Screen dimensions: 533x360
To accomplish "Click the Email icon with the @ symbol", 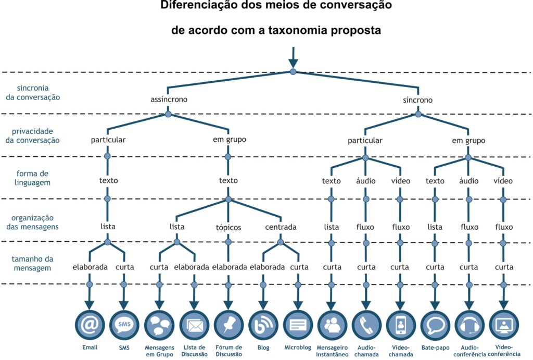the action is (90, 325).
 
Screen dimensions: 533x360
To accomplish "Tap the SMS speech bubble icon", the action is (124, 325).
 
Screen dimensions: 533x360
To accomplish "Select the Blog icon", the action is (263, 325).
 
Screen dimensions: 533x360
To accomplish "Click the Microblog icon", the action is (298, 325).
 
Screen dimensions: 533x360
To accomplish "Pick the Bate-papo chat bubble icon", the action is (436, 325).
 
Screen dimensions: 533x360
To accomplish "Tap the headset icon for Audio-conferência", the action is (469, 325).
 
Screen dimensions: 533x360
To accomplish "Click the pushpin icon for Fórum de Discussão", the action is (229, 325).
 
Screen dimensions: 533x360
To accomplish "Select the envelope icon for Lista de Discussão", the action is (194, 325).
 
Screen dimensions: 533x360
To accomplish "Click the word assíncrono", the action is (169, 100).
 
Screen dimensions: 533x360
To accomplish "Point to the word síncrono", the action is (418, 100).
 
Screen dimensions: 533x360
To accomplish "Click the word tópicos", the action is (229, 228).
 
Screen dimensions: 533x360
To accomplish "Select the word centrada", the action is (281, 227).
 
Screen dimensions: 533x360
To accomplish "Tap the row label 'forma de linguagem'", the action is (32, 178).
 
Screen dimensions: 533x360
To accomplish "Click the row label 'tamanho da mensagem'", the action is (32, 264).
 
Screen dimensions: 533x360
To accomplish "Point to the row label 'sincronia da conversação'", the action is (33, 93).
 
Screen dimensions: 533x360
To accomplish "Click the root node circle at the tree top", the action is (293, 72).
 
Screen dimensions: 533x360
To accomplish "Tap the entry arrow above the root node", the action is (293, 57).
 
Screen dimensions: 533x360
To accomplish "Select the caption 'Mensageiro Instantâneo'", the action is (332, 351).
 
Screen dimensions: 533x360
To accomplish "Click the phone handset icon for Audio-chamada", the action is (366, 325).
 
